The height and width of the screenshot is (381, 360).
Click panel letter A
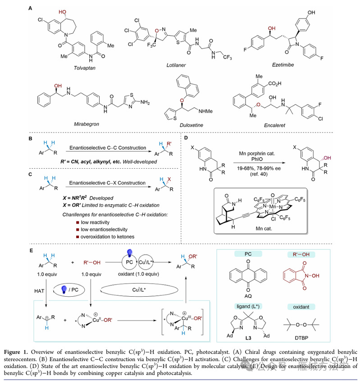click(30, 8)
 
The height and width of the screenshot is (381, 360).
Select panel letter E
click(30, 250)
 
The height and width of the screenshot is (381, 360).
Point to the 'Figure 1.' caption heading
click(43, 350)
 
